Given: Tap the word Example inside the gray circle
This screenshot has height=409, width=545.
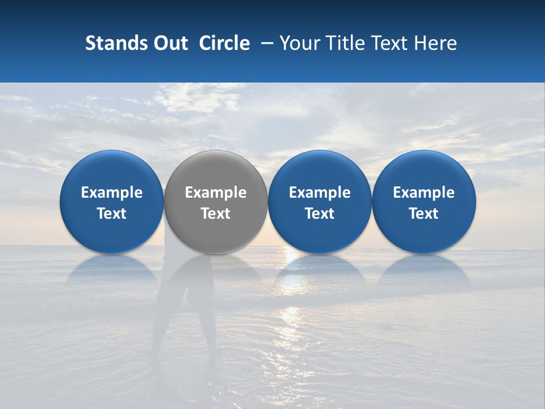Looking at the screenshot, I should [216, 193].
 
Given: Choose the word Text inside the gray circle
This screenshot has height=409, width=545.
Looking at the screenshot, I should [216, 214].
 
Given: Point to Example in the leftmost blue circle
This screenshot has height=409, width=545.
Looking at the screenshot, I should [112, 193].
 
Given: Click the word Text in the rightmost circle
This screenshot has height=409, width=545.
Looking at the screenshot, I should [424, 214].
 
